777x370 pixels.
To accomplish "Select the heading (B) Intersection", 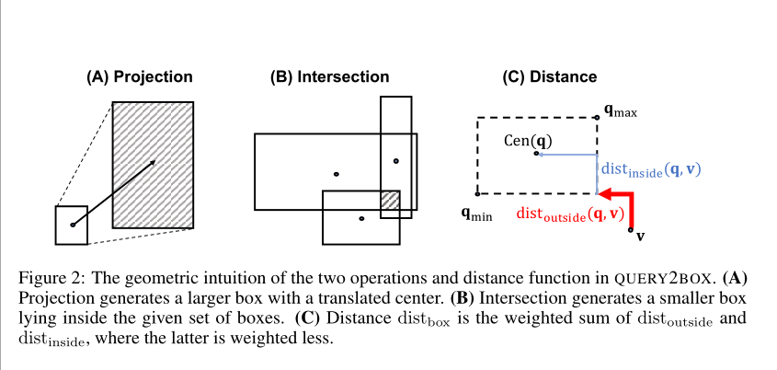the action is pyautogui.click(x=329, y=77).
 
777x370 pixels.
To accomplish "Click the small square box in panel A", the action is pyautogui.click(x=72, y=225).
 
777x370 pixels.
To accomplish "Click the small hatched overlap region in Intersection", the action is pyautogui.click(x=391, y=200).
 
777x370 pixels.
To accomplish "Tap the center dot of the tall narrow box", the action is pyautogui.click(x=396, y=161).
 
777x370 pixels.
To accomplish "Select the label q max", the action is pyautogui.click(x=621, y=112).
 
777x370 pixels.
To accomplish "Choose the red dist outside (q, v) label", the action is pyautogui.click(x=570, y=214).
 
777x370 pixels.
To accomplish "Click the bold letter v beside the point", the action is pyautogui.click(x=640, y=236).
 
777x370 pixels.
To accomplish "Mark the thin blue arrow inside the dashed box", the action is pyautogui.click(x=566, y=155).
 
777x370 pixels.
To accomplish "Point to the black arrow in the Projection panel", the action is pyautogui.click(x=115, y=192).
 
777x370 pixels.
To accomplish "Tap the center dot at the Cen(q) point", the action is pyautogui.click(x=536, y=154).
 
